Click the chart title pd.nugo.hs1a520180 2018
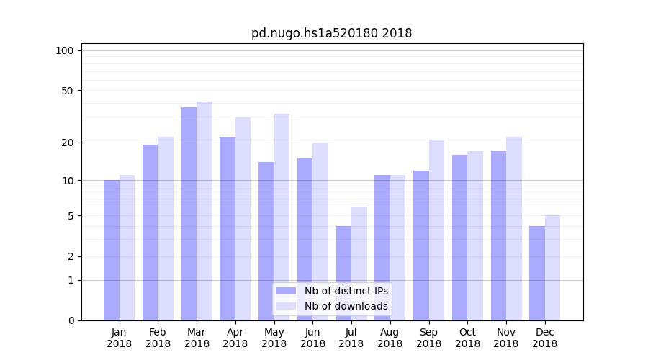pos(331,33)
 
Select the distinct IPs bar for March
pos(189,214)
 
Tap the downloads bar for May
pos(282,217)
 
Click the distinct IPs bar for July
pos(343,273)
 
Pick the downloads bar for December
pos(552,268)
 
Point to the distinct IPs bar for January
pos(112,250)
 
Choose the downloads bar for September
pos(436,230)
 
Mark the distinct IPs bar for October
pos(459,238)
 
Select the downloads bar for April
pos(243,219)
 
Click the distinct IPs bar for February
pos(150,233)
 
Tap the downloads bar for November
pos(514,228)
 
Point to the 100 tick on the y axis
pos(65,50)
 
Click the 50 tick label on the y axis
pos(68,91)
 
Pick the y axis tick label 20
pos(68,143)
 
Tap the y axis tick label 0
pos(71,320)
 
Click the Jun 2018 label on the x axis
pos(312,338)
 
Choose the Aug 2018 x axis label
pos(390,338)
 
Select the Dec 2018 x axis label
pos(544,338)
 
